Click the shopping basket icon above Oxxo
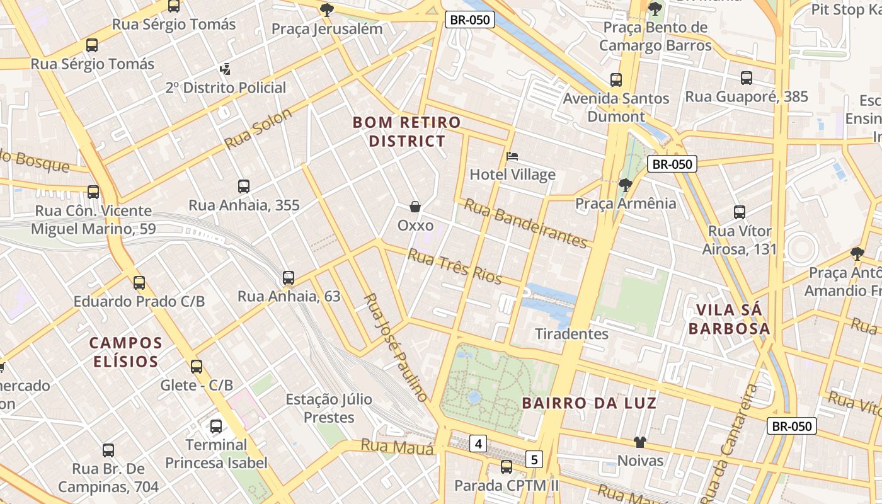point(415,207)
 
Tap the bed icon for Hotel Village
point(512,156)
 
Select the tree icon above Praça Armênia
point(625,185)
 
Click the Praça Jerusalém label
point(326,29)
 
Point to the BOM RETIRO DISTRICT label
point(406,132)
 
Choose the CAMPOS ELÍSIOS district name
point(125,352)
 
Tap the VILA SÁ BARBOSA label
point(729,319)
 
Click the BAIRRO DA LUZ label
point(589,403)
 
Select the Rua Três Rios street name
point(454,266)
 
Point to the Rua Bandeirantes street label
point(525,223)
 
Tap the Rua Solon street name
point(258,129)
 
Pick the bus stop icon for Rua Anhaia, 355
point(244,186)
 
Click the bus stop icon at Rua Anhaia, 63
point(289,277)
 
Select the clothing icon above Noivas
point(640,442)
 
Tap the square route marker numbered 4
point(478,444)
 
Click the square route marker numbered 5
point(534,459)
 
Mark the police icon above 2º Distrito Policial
point(225,69)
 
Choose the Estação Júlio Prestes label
point(329,408)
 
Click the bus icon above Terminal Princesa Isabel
point(216,427)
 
